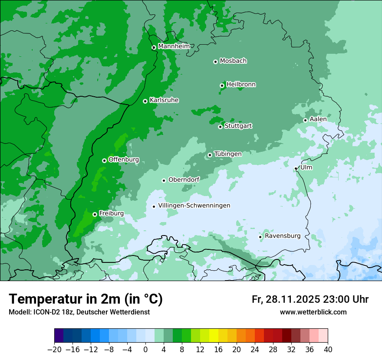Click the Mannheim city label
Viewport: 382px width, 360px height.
click(x=174, y=46)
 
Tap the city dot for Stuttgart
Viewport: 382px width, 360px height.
click(x=220, y=127)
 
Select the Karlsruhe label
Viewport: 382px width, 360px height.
click(x=164, y=100)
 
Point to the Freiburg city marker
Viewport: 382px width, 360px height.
click(x=95, y=214)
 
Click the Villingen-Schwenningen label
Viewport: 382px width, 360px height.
click(x=194, y=206)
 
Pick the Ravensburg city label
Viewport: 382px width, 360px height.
click(x=283, y=236)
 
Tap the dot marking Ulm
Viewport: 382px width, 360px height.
click(x=296, y=168)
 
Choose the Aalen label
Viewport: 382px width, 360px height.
click(x=318, y=119)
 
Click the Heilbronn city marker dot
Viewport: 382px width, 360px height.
click(x=222, y=85)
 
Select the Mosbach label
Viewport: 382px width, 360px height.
click(x=233, y=61)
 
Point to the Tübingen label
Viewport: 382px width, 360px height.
click(x=228, y=154)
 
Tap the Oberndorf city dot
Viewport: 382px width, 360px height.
click(x=164, y=180)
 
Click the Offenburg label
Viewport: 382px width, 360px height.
click(x=124, y=160)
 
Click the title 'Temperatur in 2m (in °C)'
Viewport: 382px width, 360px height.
click(x=86, y=299)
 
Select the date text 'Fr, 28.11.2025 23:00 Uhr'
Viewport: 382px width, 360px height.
click(x=310, y=299)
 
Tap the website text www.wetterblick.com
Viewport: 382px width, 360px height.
click(x=313, y=312)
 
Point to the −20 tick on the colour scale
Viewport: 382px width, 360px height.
click(x=54, y=350)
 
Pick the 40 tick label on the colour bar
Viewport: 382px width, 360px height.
click(x=328, y=350)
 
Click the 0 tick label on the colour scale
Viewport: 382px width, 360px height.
click(x=145, y=350)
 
